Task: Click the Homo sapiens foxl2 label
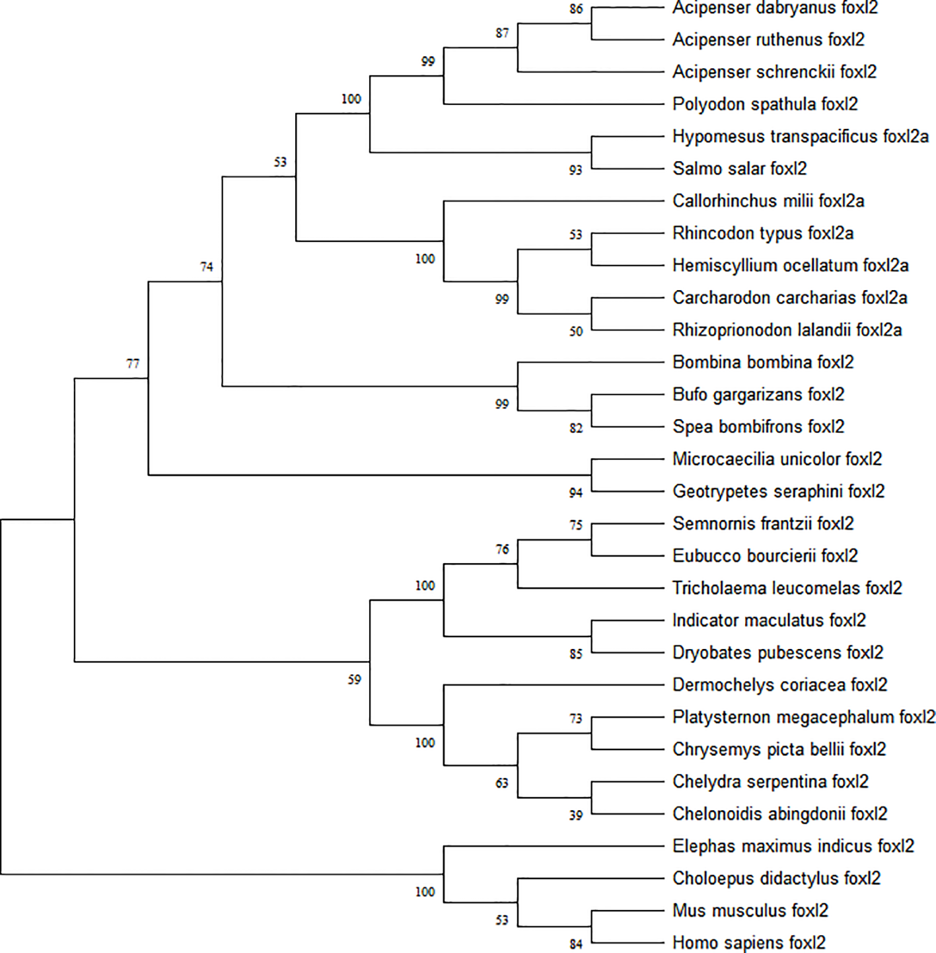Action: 749,942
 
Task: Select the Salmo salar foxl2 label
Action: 739,169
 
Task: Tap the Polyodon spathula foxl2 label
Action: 765,104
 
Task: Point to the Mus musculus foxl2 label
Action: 750,910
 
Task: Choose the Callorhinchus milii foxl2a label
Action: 768,201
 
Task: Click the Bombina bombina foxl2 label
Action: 763,362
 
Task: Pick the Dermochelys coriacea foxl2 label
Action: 779,685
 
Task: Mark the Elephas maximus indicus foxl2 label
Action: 793,846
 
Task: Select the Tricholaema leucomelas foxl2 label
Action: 787,588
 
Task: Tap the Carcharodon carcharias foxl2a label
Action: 789,297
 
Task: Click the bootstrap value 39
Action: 576,816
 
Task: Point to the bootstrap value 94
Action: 576,493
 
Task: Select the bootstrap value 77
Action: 133,364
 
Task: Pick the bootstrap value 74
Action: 207,267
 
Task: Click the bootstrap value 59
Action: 355,679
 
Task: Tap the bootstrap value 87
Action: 502,33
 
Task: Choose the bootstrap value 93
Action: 576,171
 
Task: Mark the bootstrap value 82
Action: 576,428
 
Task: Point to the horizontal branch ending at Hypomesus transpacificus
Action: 628,137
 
